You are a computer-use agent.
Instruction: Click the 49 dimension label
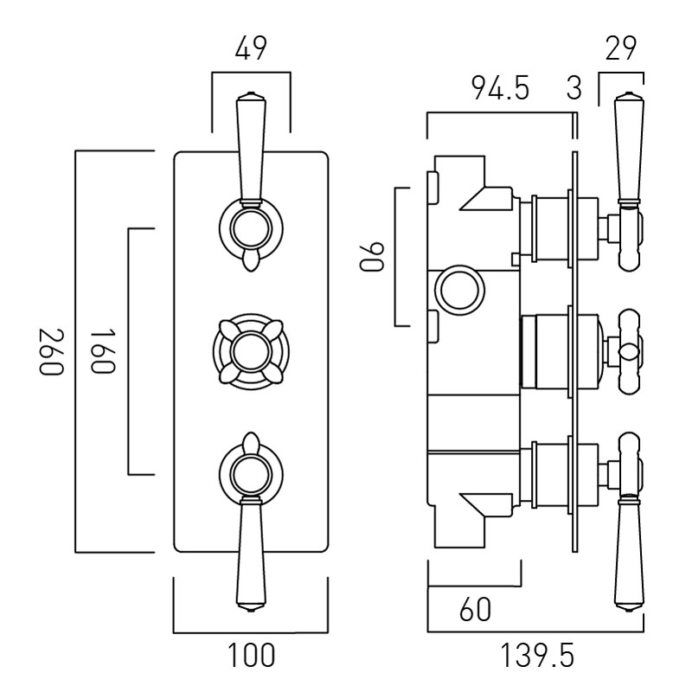pyautogui.click(x=251, y=50)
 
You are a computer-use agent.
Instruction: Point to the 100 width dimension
pyautogui.click(x=252, y=656)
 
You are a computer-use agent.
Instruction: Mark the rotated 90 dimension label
pyautogui.click(x=373, y=257)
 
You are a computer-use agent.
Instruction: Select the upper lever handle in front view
pyautogui.click(x=251, y=147)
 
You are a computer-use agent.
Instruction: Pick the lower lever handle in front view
pyautogui.click(x=251, y=554)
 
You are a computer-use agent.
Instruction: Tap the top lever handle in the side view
pyautogui.click(x=627, y=147)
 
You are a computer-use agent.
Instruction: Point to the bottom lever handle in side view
pyautogui.click(x=627, y=554)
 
